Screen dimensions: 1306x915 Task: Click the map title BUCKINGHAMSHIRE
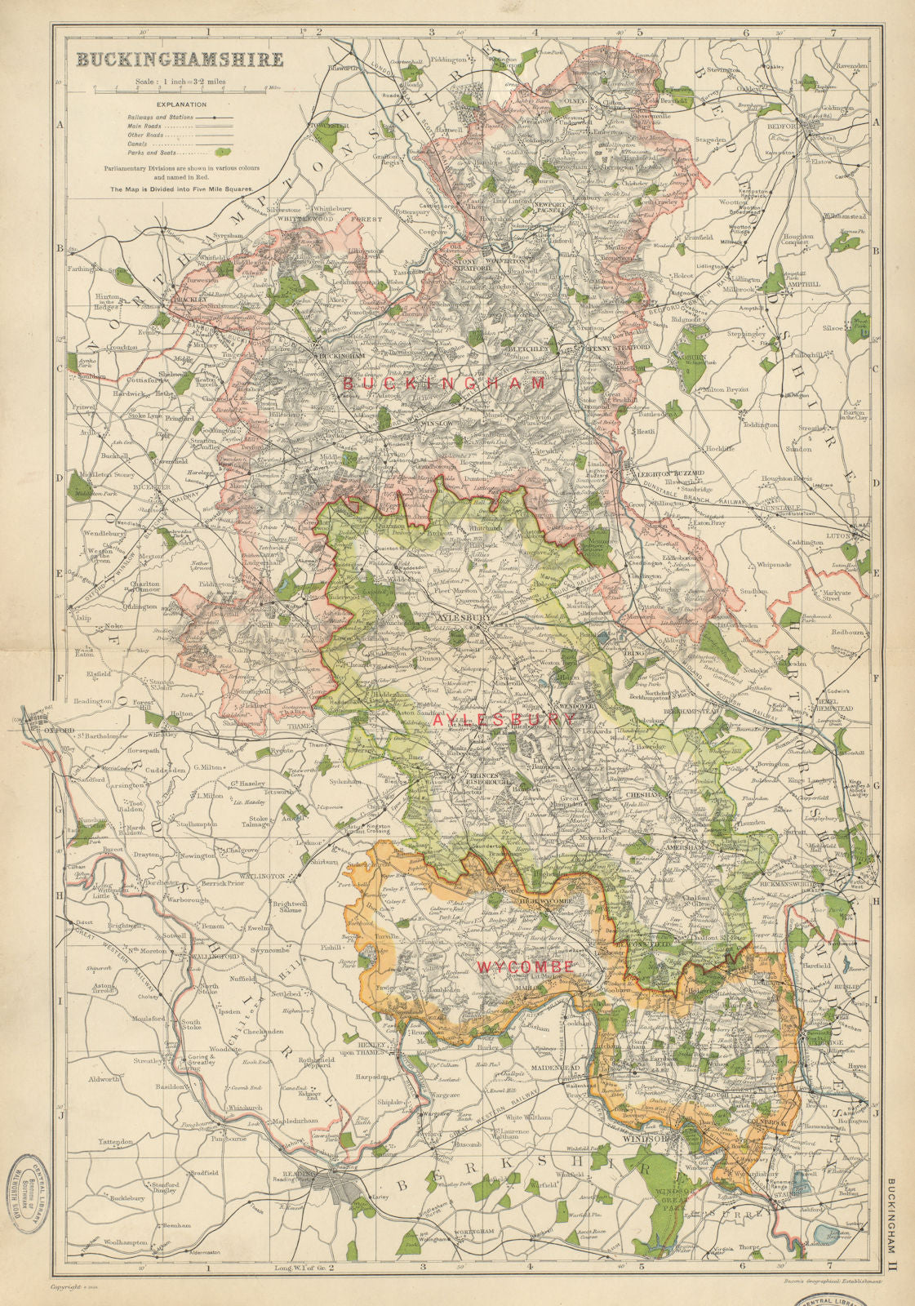pyautogui.click(x=180, y=60)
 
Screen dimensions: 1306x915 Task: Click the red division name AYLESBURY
pyautogui.click(x=504, y=720)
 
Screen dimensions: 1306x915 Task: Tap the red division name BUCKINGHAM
pyautogui.click(x=444, y=382)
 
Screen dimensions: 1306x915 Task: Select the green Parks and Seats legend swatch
pyautogui.click(x=222, y=151)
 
